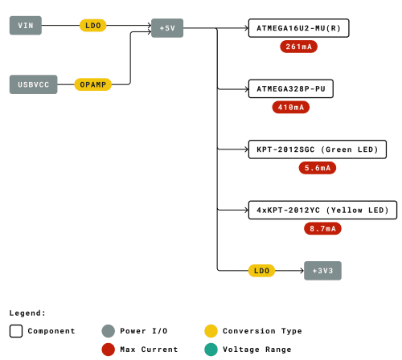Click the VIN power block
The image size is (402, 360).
pos(26,26)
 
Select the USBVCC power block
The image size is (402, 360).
pos(34,84)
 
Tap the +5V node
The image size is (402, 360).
pos(167,28)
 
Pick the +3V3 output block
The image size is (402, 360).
pos(322,271)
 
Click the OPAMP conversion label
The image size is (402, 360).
pos(93,84)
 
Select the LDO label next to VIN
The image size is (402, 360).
pos(93,26)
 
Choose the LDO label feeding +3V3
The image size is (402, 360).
pos(261,271)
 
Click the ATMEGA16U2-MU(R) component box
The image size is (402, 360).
pos(298,28)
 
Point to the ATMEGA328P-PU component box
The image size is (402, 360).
pos(291,88)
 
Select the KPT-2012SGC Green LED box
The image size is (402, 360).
pos(318,149)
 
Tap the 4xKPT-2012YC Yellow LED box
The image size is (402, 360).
pos(322,210)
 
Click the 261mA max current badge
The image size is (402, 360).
pos(298,47)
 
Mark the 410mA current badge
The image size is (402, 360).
pos(291,108)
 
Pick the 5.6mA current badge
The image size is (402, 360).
pos(318,168)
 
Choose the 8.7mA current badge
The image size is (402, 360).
pos(322,229)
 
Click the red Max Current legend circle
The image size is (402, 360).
pos(109,350)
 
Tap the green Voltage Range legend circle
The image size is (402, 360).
pos(211,350)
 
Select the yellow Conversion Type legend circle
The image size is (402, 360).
pos(211,331)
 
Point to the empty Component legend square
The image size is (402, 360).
pos(16,331)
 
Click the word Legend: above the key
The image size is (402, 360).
pos(27,313)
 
